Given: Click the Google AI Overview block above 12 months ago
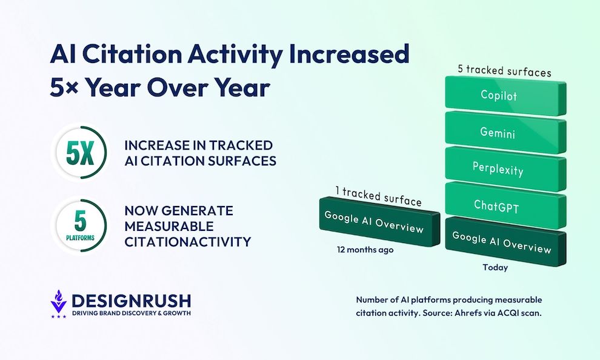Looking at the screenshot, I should click(374, 222).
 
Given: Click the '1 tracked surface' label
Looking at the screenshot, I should click(378, 195).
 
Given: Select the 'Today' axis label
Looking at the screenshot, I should click(495, 267).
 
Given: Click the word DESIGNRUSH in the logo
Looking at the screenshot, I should click(131, 301).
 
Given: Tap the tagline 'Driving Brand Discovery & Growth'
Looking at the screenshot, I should click(131, 313).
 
